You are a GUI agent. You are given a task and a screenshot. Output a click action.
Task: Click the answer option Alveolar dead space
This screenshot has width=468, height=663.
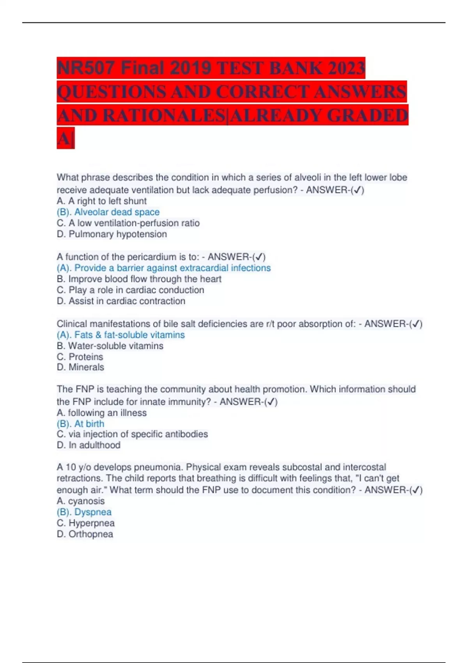tap(117, 212)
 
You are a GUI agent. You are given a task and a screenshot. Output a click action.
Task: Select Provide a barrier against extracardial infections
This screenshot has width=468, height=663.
tap(172, 268)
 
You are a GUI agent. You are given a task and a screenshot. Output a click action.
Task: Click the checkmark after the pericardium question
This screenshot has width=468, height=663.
tap(259, 257)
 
